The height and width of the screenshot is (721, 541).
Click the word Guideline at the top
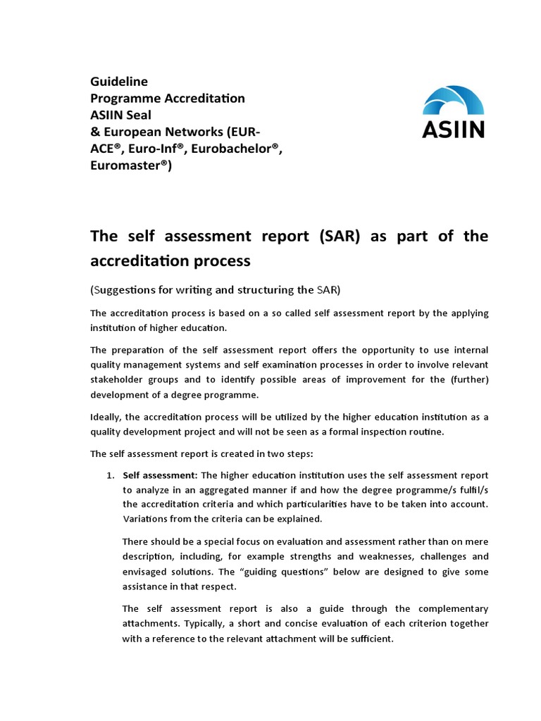tap(119, 81)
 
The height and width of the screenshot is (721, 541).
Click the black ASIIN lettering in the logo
tap(453, 129)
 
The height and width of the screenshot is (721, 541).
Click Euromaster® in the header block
tap(131, 165)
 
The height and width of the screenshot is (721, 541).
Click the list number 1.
tap(110, 475)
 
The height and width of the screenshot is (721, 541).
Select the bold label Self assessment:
tap(160, 475)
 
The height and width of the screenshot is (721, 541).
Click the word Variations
tap(147, 519)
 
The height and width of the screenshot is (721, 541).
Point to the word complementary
tap(451, 608)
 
